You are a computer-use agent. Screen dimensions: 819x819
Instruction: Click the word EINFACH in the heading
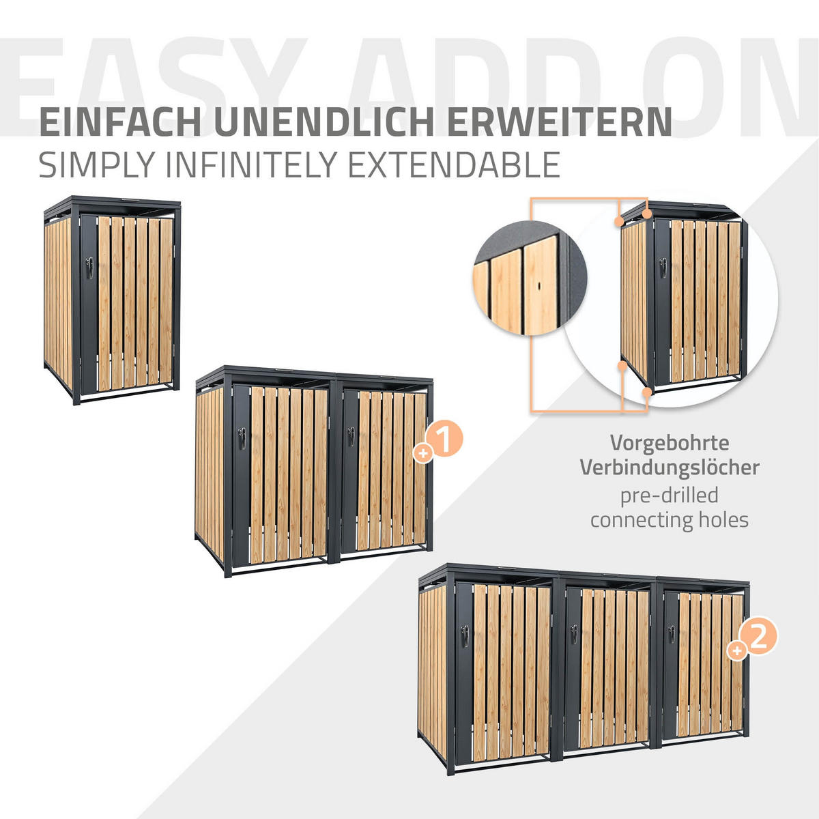[120, 121]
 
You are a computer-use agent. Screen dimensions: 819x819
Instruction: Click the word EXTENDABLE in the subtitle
[454, 164]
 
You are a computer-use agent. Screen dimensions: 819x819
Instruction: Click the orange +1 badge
[439, 442]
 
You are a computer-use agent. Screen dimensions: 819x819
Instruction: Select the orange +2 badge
[752, 640]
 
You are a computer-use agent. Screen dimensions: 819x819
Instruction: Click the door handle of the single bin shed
[89, 268]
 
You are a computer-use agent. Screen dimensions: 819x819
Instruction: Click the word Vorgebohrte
[670, 443]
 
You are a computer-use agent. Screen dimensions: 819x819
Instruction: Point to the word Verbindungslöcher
[670, 467]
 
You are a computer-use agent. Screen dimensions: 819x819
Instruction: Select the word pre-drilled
[670, 495]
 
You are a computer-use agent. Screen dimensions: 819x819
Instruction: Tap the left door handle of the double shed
[242, 438]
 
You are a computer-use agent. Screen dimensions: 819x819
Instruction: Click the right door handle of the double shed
[351, 437]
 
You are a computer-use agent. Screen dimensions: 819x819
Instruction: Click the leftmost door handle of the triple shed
[465, 636]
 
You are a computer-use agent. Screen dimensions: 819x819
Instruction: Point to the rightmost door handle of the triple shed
[671, 634]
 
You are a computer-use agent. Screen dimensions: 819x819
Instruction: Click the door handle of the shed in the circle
[663, 268]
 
